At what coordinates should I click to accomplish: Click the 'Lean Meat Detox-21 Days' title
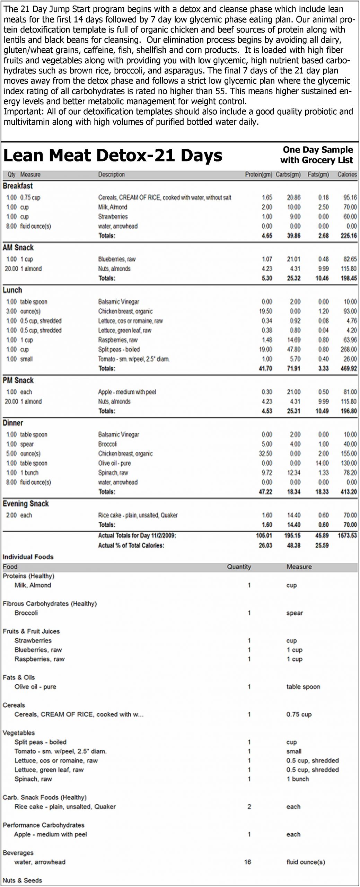[113, 156]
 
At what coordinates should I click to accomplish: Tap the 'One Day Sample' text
[318, 150]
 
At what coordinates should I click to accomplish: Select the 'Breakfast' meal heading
[18, 186]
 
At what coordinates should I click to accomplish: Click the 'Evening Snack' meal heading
[26, 504]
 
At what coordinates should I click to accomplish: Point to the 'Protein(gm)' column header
[258, 175]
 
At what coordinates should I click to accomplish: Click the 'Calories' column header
[347, 175]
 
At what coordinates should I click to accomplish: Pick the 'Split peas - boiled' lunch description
[119, 350]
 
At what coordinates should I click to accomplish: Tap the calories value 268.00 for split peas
[349, 350]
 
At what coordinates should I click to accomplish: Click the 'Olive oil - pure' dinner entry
[114, 463]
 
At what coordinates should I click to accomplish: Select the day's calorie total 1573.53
[347, 536]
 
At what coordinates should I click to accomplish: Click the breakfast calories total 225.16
[349, 236]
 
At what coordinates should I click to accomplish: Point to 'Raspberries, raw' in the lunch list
[118, 340]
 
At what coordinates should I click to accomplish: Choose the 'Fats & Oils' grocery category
[19, 677]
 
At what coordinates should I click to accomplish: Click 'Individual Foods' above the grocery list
[28, 557]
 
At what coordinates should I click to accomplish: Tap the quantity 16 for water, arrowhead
[247, 862]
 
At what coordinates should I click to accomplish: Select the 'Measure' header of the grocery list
[299, 567]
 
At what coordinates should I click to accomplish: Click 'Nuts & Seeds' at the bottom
[22, 880]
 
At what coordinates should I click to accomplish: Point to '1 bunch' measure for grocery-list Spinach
[298, 779]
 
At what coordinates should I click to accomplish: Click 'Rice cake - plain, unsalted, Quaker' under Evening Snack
[138, 515]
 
